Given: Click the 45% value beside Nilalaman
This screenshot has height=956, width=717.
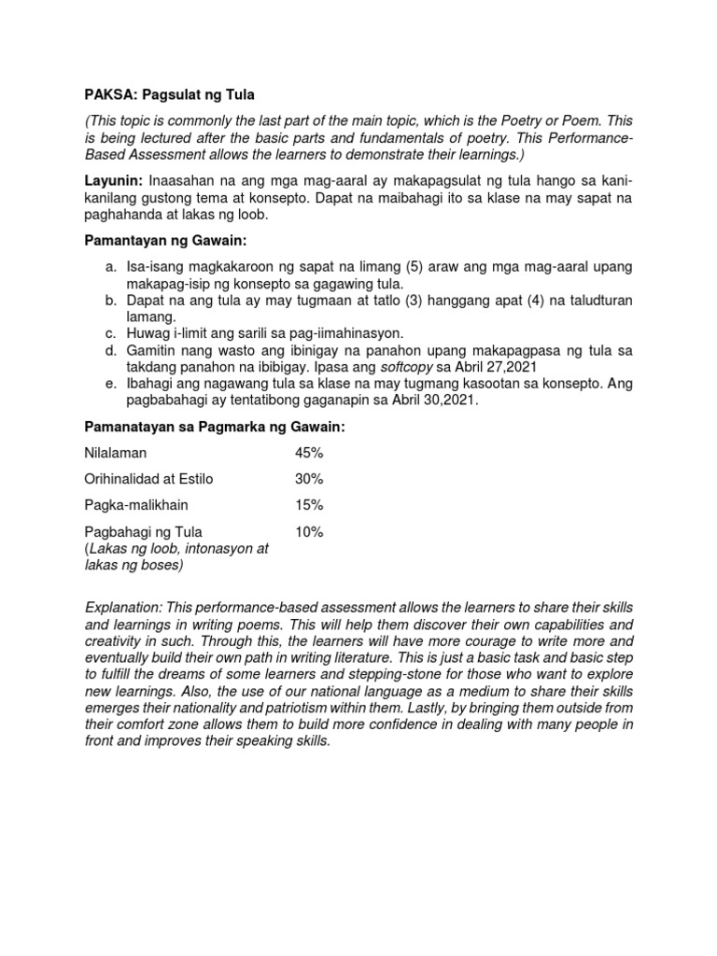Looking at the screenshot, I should point(309,453).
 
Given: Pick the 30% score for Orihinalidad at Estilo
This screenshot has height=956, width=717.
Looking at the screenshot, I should point(309,479).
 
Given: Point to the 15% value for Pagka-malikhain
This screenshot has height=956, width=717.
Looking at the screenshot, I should point(309,505).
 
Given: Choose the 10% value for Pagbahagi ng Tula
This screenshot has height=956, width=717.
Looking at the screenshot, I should point(309,532).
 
